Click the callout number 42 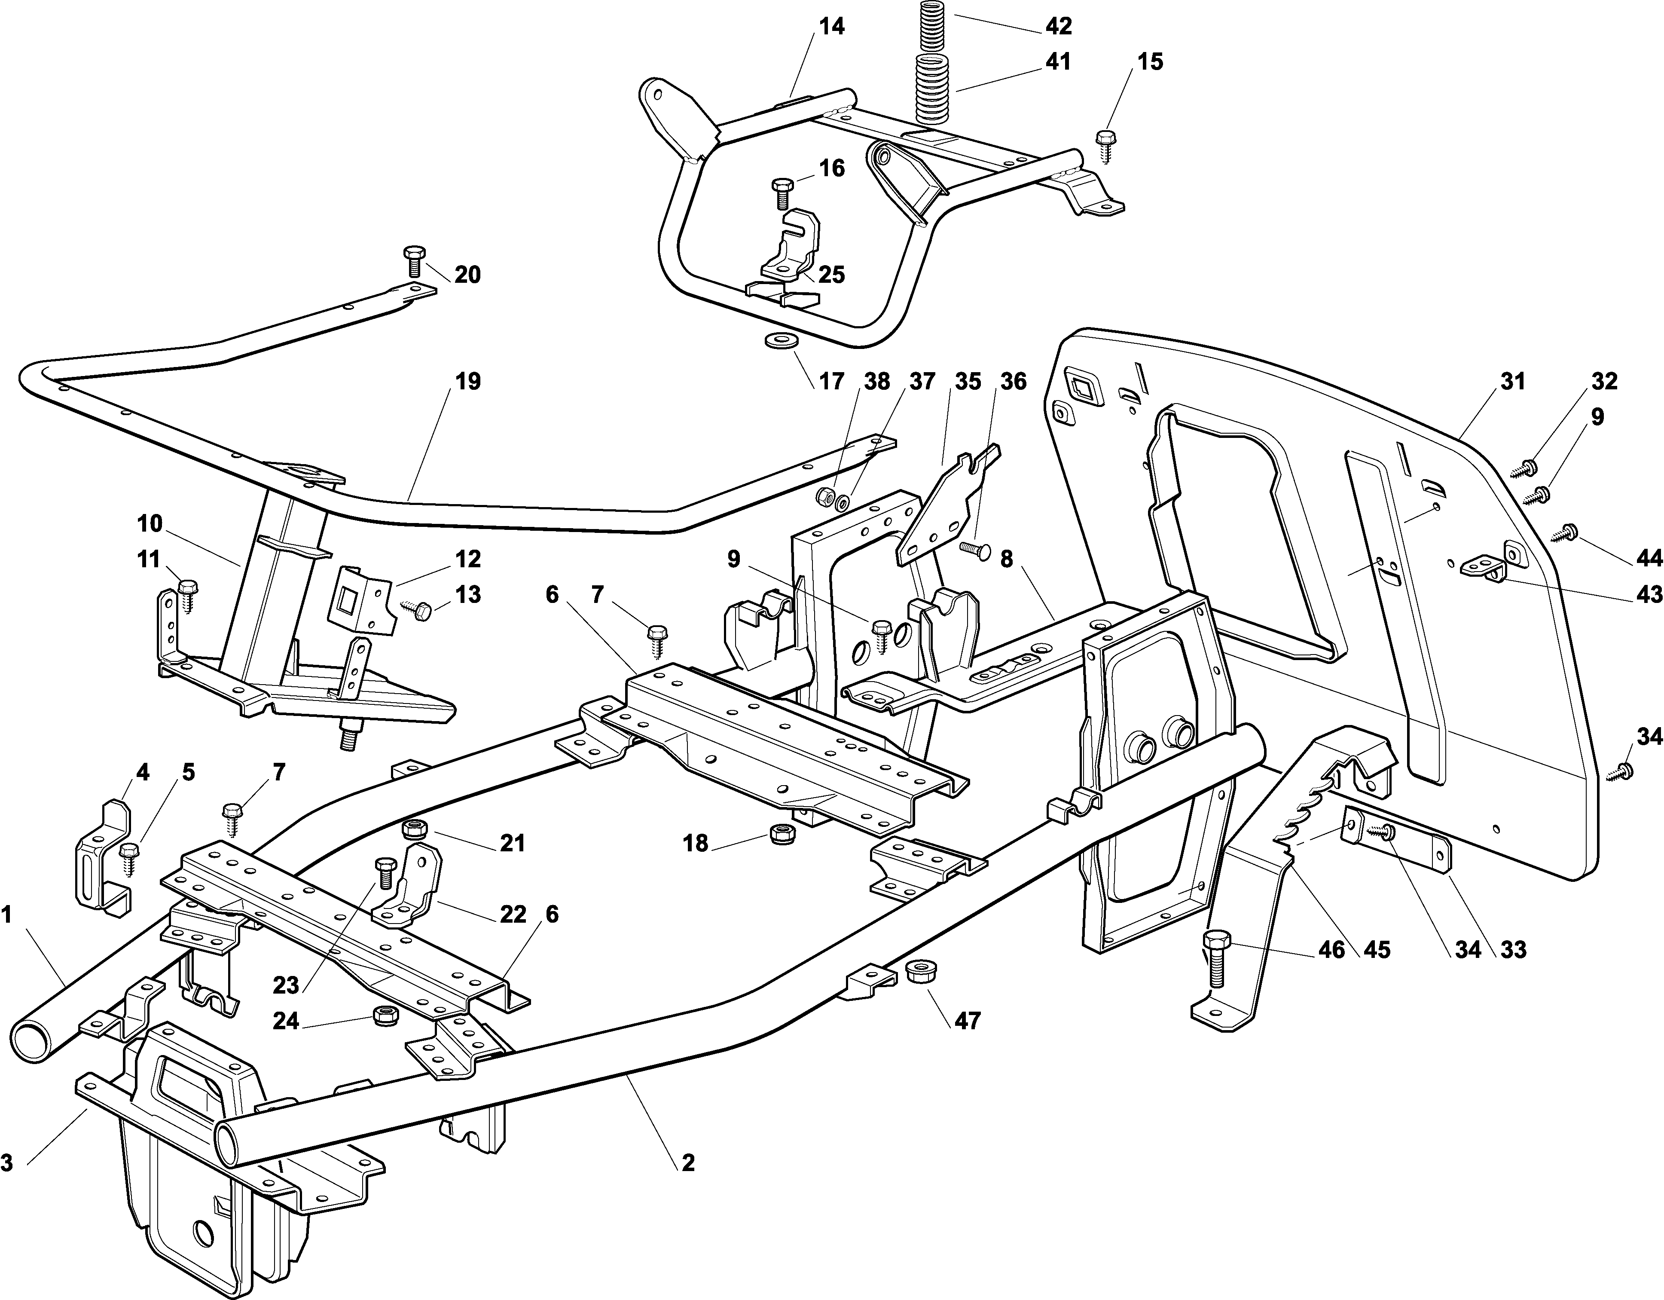click(x=1058, y=26)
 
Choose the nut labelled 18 click(x=780, y=833)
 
